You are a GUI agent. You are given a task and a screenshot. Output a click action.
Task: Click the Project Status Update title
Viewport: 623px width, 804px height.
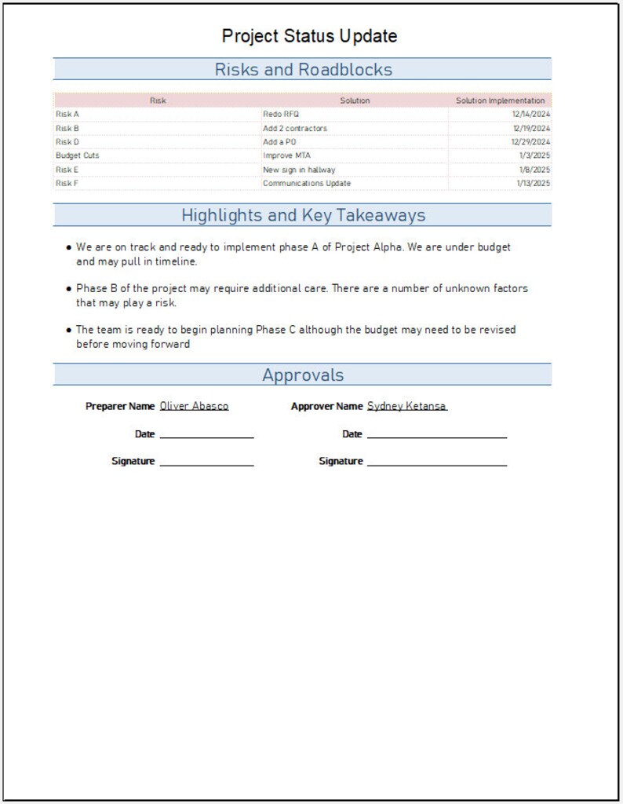pos(309,36)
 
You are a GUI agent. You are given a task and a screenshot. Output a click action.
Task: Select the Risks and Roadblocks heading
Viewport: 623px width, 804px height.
pos(303,70)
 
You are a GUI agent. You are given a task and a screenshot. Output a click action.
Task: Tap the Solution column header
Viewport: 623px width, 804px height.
pos(355,100)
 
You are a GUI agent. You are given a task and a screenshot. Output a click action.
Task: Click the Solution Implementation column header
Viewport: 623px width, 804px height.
pos(500,100)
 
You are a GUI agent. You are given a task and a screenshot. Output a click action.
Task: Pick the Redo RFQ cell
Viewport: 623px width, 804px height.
pos(281,115)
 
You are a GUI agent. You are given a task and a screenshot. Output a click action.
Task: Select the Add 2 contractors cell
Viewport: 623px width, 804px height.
pos(295,128)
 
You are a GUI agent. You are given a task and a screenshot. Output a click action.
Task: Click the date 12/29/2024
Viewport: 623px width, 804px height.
pos(530,142)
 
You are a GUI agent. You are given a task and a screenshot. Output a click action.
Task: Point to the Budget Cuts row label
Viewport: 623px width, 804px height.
pos(77,155)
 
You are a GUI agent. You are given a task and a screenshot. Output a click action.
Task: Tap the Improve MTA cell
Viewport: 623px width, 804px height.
pos(286,155)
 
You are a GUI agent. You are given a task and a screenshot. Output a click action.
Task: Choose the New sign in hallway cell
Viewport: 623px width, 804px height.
pos(299,170)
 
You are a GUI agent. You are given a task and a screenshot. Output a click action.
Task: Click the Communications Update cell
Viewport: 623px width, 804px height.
pos(307,184)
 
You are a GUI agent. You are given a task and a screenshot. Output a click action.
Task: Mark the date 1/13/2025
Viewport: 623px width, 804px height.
pos(533,184)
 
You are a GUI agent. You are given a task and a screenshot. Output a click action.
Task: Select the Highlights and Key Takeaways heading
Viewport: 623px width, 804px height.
pos(303,215)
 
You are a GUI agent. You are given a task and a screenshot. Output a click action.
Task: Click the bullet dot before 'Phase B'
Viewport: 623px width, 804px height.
pos(69,289)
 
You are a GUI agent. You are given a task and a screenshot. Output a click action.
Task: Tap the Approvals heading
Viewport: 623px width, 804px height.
pos(303,375)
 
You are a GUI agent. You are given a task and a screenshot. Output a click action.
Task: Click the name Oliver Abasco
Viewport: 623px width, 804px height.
pos(194,407)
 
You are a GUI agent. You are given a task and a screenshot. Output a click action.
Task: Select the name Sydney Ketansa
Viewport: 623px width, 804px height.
pos(406,407)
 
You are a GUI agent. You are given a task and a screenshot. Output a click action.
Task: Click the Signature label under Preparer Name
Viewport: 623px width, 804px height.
pos(133,462)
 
